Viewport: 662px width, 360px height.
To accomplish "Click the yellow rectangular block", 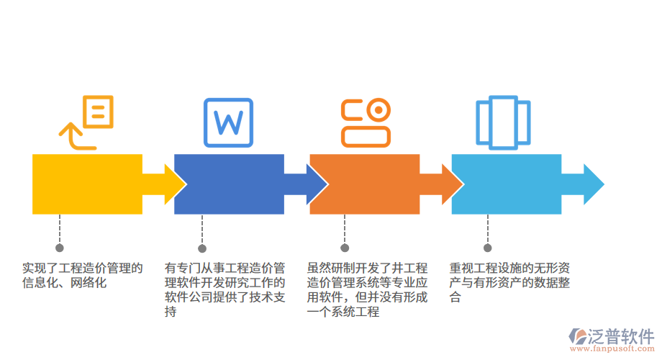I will [87, 184].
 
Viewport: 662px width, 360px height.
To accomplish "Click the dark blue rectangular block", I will [229, 184].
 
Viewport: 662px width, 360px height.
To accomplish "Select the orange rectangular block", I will [364, 184].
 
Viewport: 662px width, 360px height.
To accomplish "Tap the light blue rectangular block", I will [506, 184].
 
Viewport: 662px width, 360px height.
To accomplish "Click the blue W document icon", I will [229, 122].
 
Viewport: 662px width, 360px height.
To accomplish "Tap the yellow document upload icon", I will [88, 122].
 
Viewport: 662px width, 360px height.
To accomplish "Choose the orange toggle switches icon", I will [366, 122].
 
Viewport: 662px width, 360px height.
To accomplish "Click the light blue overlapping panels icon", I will [502, 122].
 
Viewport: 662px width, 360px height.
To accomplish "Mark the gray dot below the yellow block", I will [60, 247].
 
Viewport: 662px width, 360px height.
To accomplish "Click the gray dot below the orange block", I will [344, 247].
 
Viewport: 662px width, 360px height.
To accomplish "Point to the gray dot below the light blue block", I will [486, 247].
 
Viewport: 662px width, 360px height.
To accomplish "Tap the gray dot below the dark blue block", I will [202, 247].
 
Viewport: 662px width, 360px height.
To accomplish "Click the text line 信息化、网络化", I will [64, 283].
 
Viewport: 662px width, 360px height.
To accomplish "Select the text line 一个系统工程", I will [343, 312].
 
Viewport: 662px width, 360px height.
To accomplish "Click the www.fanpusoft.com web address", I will [612, 349].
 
